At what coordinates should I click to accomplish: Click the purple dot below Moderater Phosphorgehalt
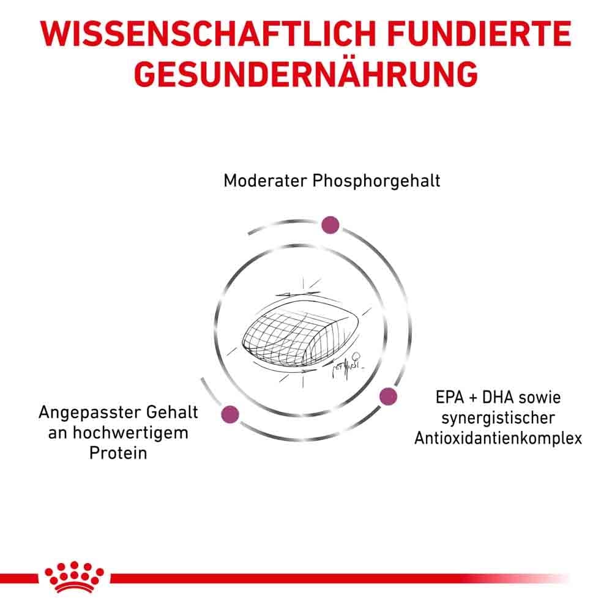coord(330,225)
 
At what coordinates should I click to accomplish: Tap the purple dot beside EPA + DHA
coord(388,397)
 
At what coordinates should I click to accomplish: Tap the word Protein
coord(118,455)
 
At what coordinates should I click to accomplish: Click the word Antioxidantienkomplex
coord(498,439)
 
